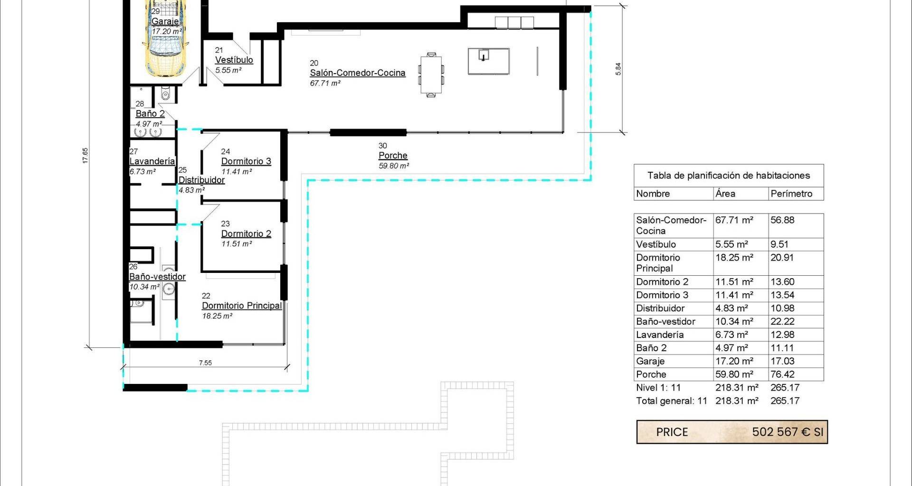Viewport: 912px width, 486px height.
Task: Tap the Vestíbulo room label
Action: (234, 60)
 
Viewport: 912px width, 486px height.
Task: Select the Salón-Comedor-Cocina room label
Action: (358, 73)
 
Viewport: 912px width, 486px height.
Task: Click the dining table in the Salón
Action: (431, 75)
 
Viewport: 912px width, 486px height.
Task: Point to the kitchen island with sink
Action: (488, 61)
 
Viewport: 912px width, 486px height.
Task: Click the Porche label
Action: (393, 155)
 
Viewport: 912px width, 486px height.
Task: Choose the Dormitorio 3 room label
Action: (246, 161)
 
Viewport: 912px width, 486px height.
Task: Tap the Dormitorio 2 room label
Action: (246, 234)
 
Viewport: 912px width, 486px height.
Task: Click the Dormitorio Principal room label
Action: (242, 306)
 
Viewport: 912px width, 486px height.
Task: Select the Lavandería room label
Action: (152, 161)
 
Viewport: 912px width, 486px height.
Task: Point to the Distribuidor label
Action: (201, 180)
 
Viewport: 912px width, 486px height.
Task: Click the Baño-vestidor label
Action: (157, 277)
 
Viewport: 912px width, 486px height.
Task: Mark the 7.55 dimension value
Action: (205, 363)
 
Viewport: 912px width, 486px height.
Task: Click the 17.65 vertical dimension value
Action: (85, 156)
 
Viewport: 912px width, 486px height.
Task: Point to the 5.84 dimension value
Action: (618, 69)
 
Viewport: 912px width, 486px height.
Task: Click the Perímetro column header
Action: (791, 194)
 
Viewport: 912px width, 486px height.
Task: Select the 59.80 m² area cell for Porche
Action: (734, 374)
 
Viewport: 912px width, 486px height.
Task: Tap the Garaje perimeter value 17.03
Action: (782, 361)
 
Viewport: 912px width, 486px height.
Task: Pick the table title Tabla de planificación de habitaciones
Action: (729, 176)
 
